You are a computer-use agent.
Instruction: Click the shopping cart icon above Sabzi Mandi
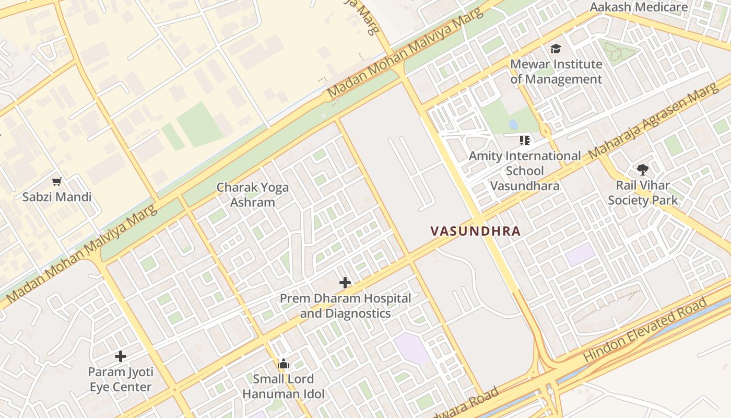click(57, 182)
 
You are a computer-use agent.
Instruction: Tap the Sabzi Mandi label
click(57, 197)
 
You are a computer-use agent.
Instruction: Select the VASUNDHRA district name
click(475, 231)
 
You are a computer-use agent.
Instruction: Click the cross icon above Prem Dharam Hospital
click(345, 283)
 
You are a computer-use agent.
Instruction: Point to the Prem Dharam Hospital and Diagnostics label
click(345, 306)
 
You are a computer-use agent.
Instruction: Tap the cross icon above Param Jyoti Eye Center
click(121, 356)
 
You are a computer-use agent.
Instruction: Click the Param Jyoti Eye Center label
click(121, 380)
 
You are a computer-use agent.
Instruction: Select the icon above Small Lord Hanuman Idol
click(284, 364)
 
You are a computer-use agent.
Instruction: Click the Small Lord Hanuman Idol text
click(284, 387)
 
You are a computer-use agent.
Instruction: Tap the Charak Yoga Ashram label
click(253, 194)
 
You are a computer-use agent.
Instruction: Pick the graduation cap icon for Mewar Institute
click(556, 49)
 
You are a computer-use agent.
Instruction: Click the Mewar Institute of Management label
click(556, 72)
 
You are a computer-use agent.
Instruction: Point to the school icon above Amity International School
click(525, 140)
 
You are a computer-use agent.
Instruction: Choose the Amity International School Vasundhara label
click(525, 171)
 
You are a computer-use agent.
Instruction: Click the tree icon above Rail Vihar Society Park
click(643, 169)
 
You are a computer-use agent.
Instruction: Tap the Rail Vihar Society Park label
click(643, 192)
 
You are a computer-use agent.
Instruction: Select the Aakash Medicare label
click(646, 7)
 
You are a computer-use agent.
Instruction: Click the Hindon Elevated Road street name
click(646, 329)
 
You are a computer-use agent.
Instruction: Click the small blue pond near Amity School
click(514, 125)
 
